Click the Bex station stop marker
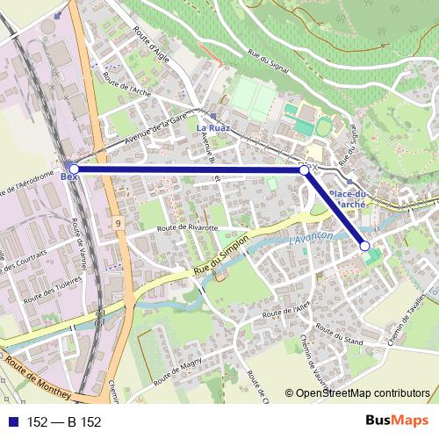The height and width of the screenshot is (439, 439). click(x=75, y=169)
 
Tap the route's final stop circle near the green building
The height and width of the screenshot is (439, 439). click(x=365, y=247)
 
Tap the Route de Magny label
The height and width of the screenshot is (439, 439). click(x=179, y=370)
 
